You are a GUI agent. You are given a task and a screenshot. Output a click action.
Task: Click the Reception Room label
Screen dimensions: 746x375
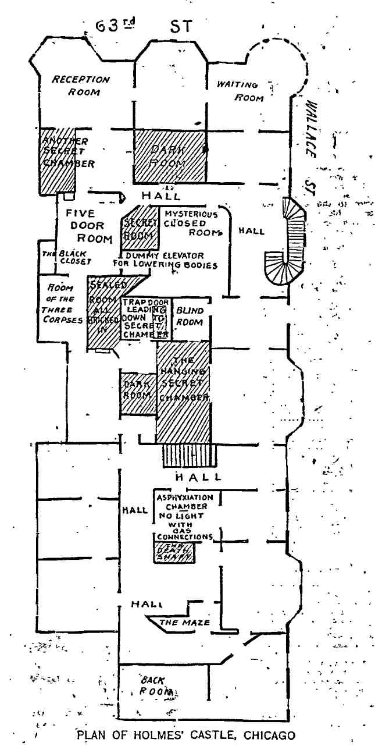[80, 84]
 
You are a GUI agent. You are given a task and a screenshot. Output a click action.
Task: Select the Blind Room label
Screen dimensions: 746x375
[190, 317]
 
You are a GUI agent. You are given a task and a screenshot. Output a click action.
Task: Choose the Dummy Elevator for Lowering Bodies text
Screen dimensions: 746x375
[165, 260]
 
